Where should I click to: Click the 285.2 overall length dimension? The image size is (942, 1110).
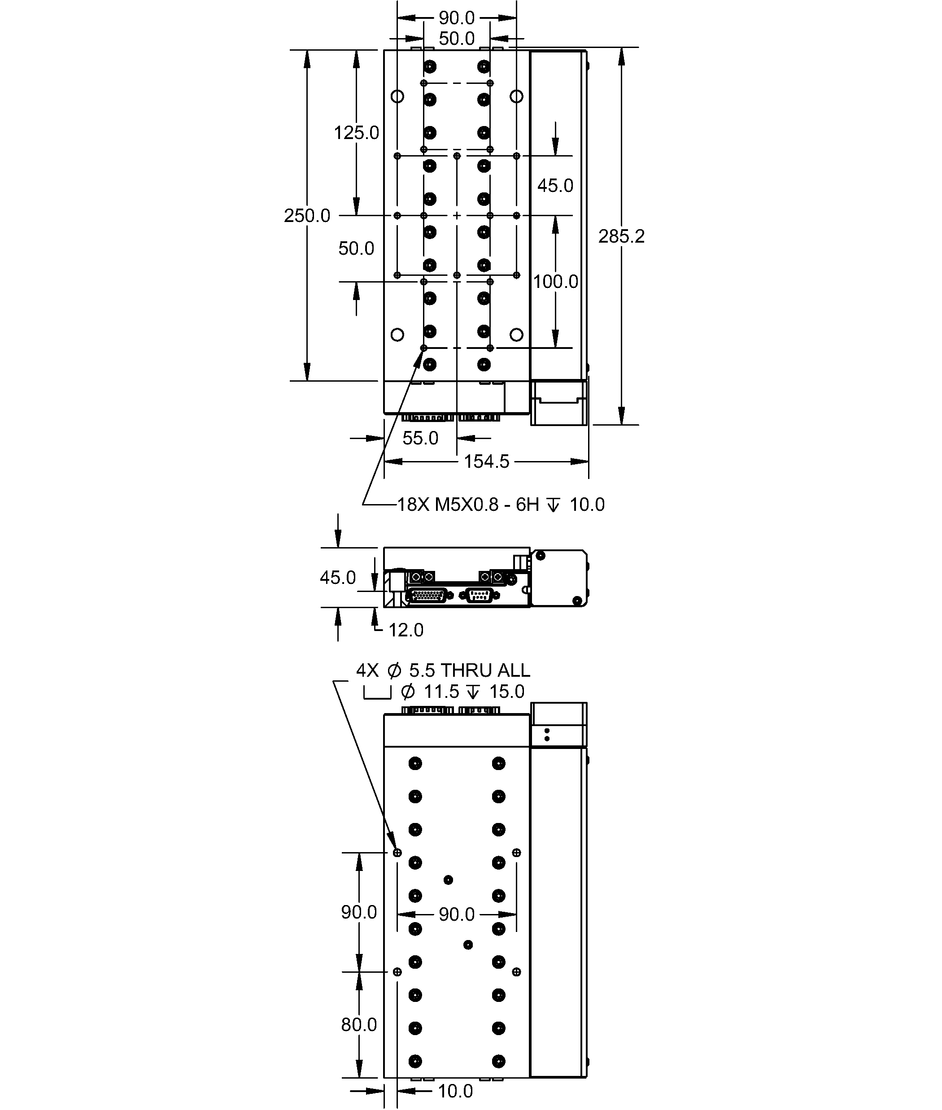pos(621,236)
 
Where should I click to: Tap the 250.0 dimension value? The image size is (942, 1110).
pos(307,216)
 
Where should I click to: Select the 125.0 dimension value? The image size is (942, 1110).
pos(356,133)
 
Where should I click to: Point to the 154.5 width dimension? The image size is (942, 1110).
pos(487,461)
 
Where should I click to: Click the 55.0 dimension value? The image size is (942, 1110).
pos(420,438)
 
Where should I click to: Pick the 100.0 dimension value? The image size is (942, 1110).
pos(555,281)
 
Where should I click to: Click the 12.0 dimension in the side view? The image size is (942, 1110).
pos(406,630)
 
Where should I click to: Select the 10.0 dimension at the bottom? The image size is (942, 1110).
pos(455,1091)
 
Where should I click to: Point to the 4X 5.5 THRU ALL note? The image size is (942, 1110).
pos(443,670)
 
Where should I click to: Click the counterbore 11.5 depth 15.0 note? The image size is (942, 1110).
pos(444,692)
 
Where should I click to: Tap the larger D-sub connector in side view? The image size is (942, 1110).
pos(427,595)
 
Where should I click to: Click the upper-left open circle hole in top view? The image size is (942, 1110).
pos(397,96)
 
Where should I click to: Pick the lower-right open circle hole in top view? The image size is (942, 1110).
pos(516,335)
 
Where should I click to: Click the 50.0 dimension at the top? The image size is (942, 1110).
pos(457,39)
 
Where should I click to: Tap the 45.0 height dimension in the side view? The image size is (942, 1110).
pos(337,577)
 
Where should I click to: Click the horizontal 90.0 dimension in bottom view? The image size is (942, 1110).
pos(457,914)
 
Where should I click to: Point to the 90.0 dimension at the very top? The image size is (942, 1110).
pos(457,17)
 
